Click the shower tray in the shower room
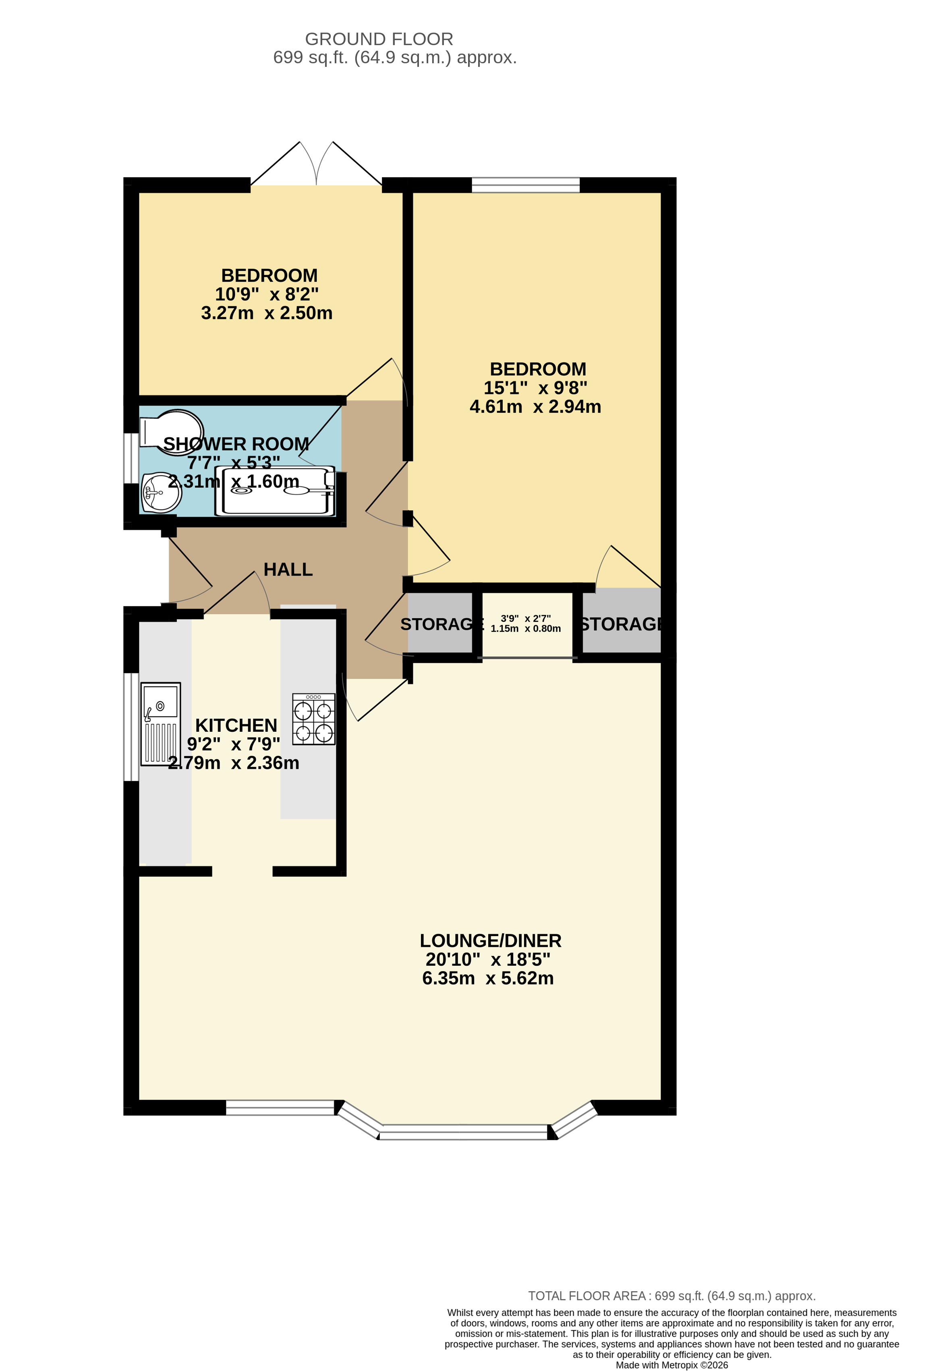[x=275, y=491]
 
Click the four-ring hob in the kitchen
[x=314, y=719]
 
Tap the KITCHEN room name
[x=236, y=725]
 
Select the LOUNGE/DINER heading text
[x=490, y=940]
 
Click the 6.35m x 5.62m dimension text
[x=488, y=978]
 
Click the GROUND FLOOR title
[x=379, y=39]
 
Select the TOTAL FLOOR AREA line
[x=672, y=1296]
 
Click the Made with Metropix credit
[x=672, y=1365]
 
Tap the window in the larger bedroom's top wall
[x=526, y=184]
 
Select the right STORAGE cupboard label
[x=621, y=624]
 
